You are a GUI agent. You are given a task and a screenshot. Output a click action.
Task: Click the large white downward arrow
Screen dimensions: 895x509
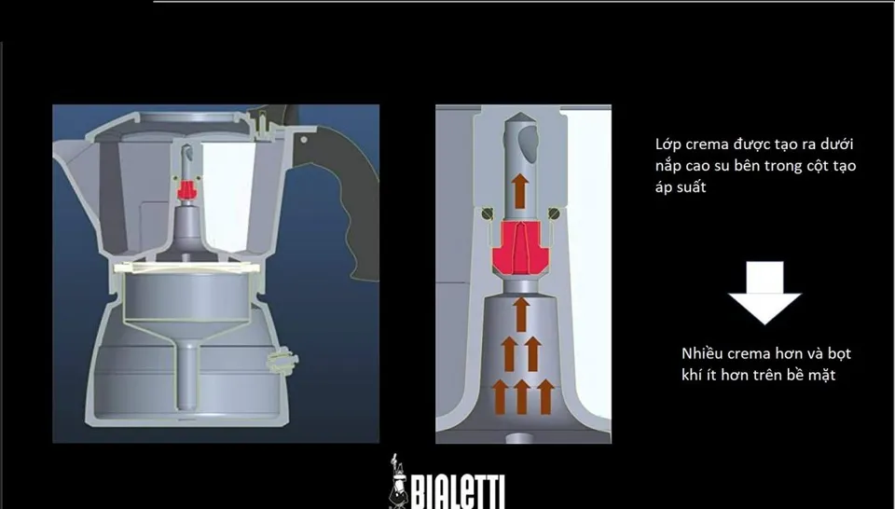[x=764, y=293]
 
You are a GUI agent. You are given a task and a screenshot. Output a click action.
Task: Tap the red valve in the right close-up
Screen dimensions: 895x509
[x=520, y=248]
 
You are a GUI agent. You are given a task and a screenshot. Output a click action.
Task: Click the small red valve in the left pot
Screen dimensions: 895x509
[x=186, y=189]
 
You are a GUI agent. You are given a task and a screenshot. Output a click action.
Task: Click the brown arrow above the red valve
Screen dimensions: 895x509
[x=519, y=191]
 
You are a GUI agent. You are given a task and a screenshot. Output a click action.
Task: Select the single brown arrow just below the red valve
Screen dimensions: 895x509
[x=520, y=314]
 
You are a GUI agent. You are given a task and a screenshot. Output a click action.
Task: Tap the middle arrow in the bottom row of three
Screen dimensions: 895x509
[x=522, y=396]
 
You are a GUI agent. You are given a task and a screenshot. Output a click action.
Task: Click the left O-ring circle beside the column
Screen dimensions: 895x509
[x=487, y=214]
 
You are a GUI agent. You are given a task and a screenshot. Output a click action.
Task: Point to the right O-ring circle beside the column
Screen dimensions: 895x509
[x=553, y=214]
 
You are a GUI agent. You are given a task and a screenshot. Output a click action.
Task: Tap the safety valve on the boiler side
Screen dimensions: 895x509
[x=282, y=362]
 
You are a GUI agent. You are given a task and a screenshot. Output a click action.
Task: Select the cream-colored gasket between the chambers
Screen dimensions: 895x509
[x=186, y=268]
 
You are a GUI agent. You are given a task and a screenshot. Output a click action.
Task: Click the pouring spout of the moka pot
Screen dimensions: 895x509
[x=72, y=157]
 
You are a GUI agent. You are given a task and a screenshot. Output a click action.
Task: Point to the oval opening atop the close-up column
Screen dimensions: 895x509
[x=528, y=141]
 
